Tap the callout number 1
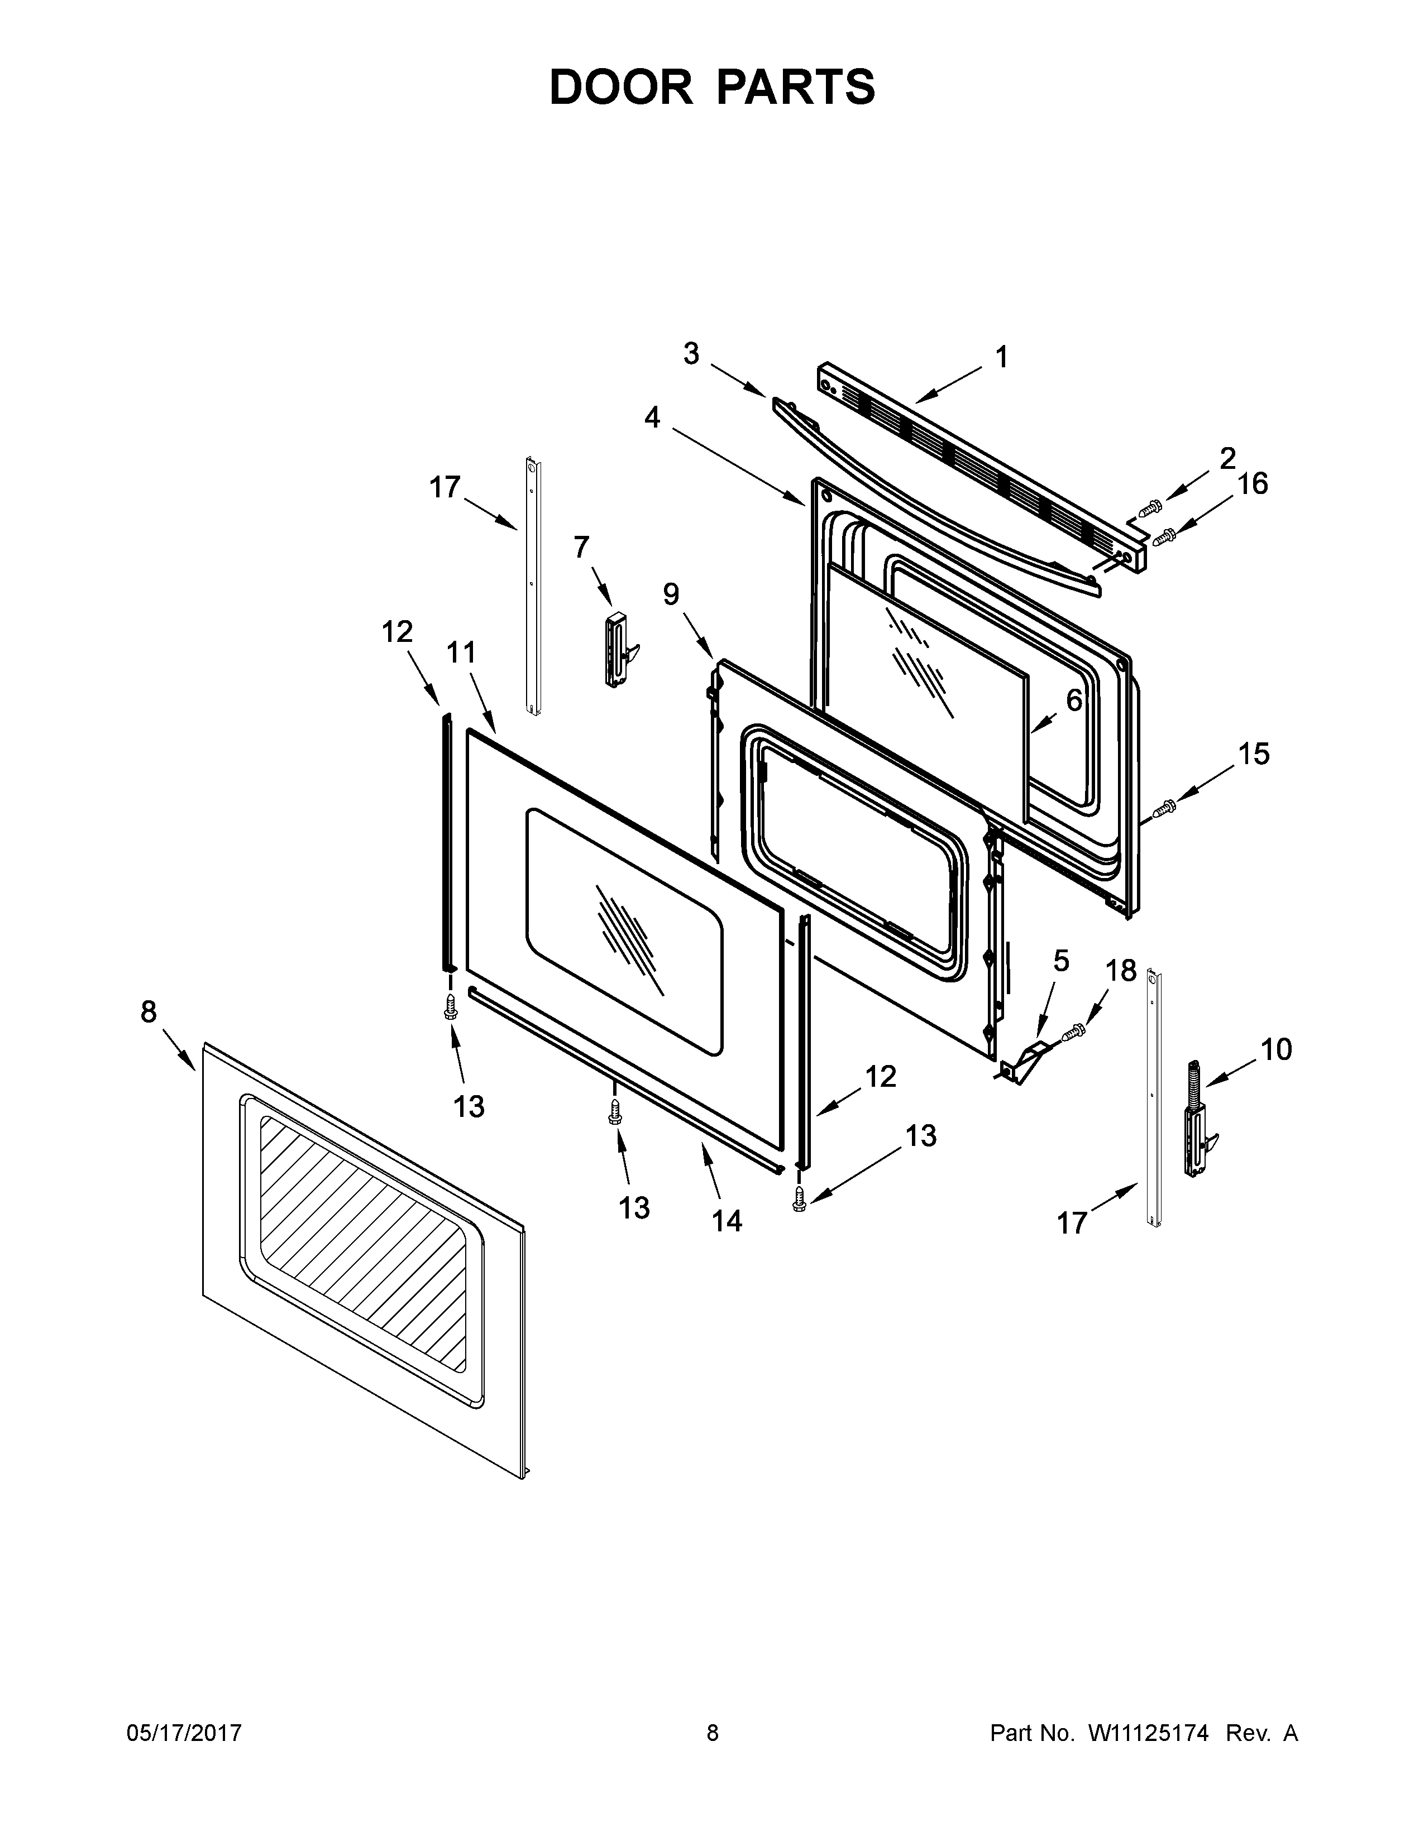(x=1001, y=358)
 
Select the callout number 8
(x=149, y=1011)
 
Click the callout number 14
(x=727, y=1220)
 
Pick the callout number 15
(x=1254, y=754)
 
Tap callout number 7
(x=581, y=548)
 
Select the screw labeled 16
(x=1166, y=535)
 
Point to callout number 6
(x=1073, y=699)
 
